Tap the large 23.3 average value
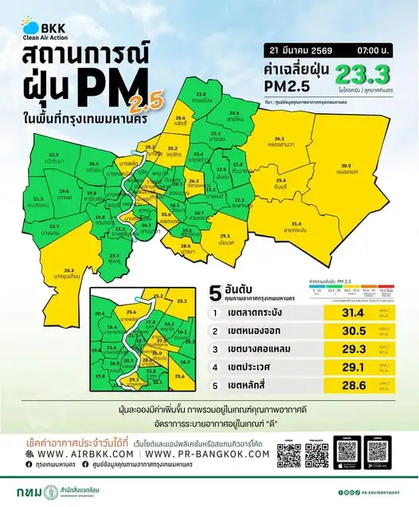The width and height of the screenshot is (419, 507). (x=363, y=75)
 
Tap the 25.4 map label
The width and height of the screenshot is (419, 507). (x=280, y=183)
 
